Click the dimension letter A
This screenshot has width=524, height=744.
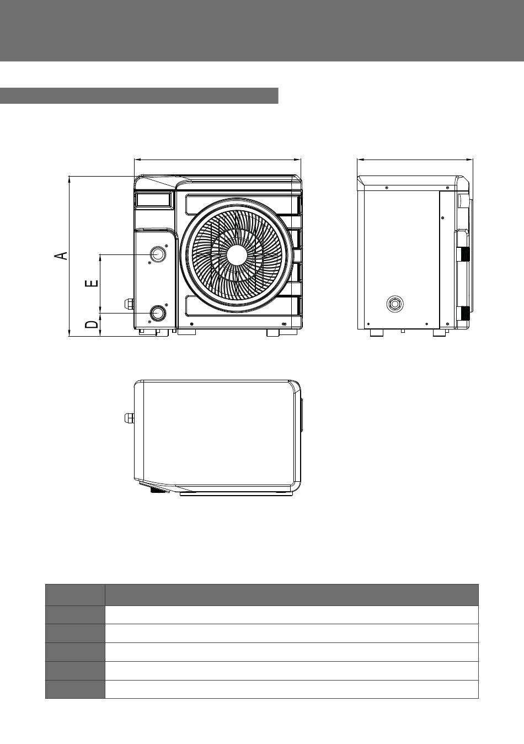pos(61,256)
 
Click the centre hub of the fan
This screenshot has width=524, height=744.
pos(237,255)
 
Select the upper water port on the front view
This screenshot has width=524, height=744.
pos(158,254)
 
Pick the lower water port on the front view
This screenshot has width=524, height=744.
pos(158,313)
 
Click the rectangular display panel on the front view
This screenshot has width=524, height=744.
pos(154,199)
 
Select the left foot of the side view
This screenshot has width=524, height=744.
pos(377,333)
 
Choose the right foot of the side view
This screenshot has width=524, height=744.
pos(440,333)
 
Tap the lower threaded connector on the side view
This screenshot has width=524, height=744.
pos(464,313)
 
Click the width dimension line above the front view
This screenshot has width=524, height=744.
pos(217,160)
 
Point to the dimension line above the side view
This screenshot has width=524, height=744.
pos(415,160)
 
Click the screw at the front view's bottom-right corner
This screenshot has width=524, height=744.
pos(283,323)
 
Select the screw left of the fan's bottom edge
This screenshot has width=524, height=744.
pos(191,323)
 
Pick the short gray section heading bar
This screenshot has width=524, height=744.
pos(139,95)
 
